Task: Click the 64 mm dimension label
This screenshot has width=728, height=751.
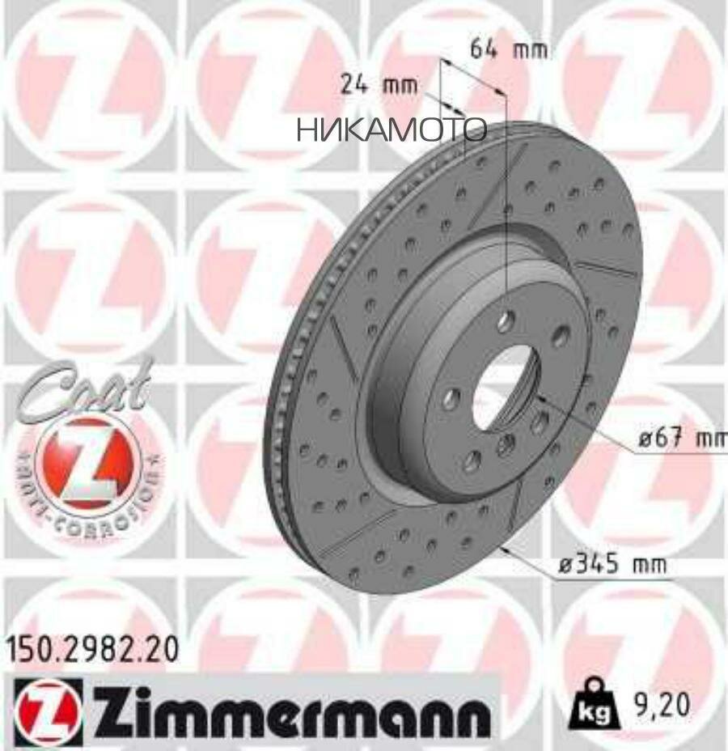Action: pyautogui.click(x=509, y=50)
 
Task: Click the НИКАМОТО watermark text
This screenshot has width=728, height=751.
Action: pyautogui.click(x=392, y=129)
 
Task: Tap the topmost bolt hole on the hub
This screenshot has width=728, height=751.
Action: pyautogui.click(x=506, y=321)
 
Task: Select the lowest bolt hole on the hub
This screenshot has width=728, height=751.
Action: pyautogui.click(x=472, y=460)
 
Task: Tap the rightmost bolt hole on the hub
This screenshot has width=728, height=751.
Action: pyautogui.click(x=559, y=336)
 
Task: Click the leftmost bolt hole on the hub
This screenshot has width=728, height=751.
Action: pyautogui.click(x=451, y=397)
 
